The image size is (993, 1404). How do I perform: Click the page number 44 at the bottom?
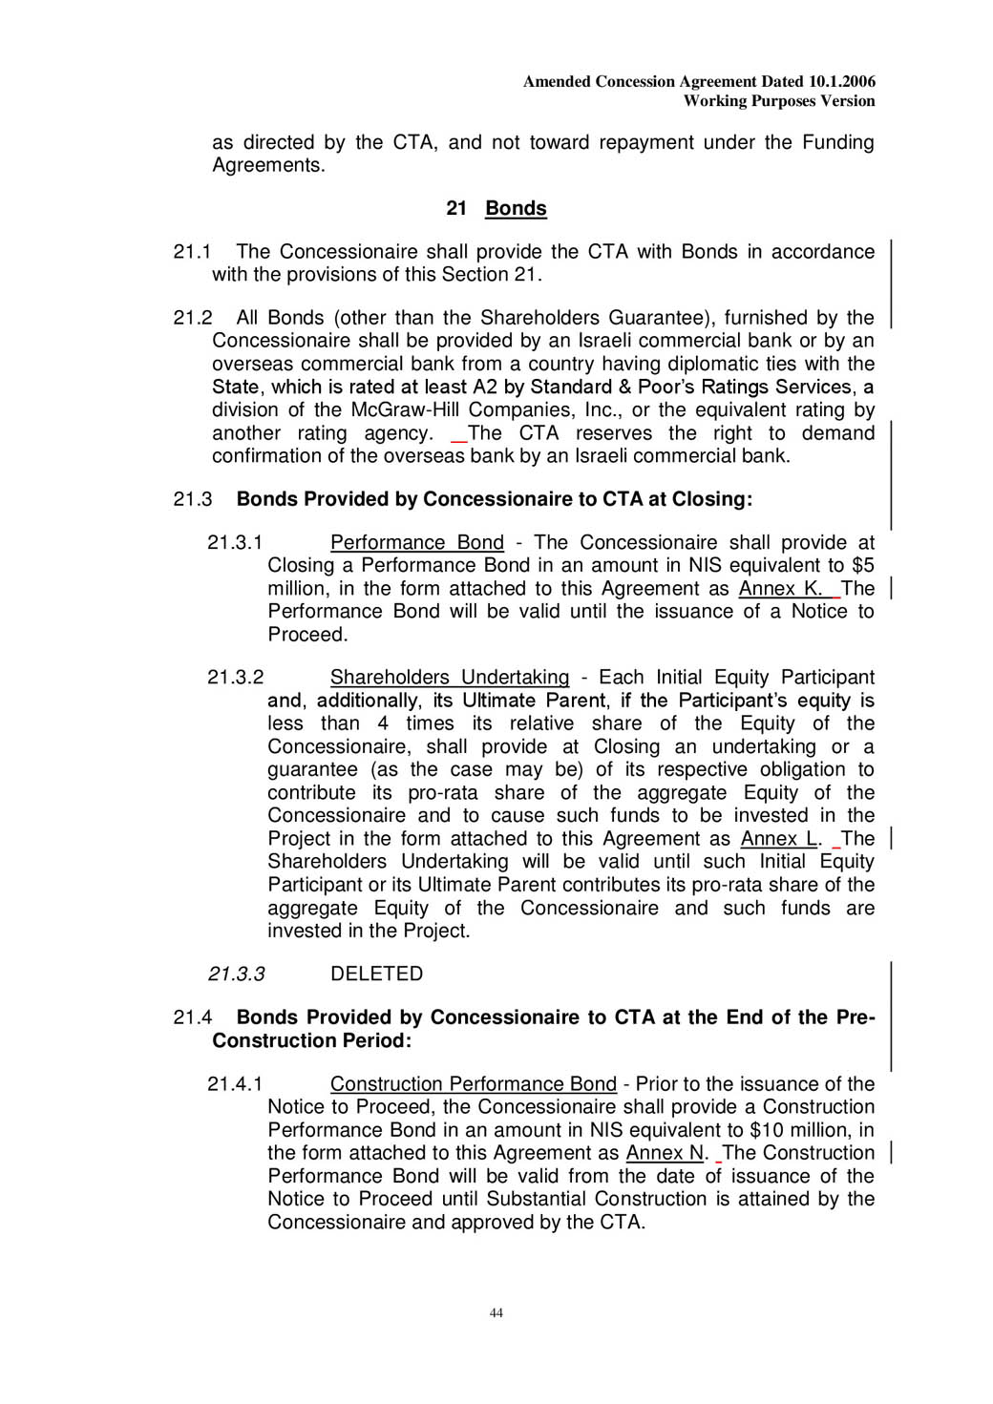496,1312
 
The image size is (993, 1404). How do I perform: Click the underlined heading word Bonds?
516,208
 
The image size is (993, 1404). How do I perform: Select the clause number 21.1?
191,252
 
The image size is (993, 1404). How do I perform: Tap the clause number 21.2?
191,318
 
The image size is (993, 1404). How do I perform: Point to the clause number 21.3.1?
234,543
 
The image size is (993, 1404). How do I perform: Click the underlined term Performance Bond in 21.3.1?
416,543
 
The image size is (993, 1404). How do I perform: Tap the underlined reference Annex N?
665,1153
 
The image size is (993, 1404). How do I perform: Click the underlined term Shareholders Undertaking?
449,678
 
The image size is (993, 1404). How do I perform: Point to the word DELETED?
376,974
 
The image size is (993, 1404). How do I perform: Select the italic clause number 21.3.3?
236,974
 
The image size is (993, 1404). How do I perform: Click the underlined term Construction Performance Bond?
473,1084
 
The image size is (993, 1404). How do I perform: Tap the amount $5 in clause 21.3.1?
862,566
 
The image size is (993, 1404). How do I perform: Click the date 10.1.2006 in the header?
841,82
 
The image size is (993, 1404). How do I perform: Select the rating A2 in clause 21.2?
484,387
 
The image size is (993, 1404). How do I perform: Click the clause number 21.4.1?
234,1084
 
